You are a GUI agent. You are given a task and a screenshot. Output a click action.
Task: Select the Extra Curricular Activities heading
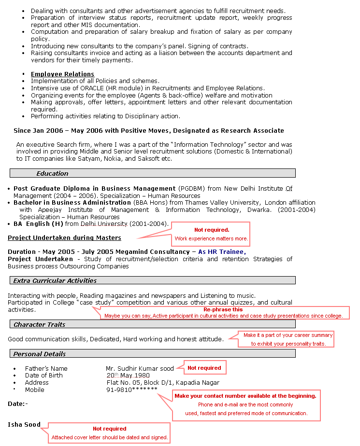[55, 280]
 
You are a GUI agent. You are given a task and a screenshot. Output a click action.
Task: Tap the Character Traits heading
[39, 324]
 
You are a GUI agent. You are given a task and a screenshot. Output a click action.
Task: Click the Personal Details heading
[40, 354]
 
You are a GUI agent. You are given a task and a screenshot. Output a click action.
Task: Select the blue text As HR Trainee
[222, 252]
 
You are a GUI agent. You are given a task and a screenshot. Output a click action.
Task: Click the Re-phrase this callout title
[223, 309]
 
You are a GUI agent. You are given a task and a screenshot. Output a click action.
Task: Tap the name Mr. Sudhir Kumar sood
[140, 369]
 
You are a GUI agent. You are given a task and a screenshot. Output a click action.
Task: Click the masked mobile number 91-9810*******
[131, 390]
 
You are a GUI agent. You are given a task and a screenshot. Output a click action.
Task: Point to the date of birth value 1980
[142, 376]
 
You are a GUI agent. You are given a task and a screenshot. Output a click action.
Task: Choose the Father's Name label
[46, 369]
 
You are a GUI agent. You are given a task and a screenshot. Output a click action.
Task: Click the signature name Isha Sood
[24, 425]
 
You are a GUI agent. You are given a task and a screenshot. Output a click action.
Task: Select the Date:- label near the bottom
[18, 404]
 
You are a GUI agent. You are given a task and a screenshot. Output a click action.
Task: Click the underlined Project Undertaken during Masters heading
[64, 238]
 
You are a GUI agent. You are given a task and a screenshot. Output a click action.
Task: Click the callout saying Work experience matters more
[211, 238]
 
